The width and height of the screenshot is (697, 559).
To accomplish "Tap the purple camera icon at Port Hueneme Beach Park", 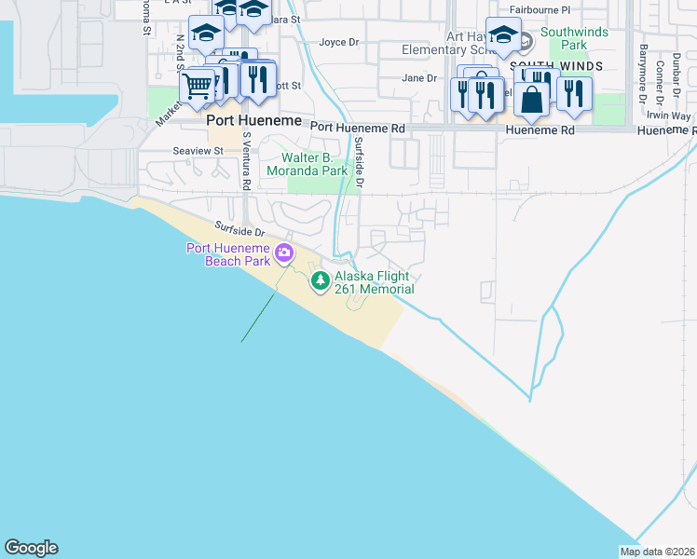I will point(285,252).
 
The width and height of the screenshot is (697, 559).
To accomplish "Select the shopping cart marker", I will point(197,87).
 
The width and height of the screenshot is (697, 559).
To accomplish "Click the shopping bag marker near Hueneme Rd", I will point(531,100).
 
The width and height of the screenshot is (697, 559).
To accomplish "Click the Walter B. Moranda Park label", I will point(307,163).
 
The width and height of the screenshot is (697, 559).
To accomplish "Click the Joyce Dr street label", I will point(339,42).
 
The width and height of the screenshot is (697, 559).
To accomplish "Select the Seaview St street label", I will point(198,150).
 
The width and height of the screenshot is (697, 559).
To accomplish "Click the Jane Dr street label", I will point(419,78).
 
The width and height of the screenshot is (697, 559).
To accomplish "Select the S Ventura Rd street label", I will point(246,161).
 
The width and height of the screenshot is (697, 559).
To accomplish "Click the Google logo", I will point(31,548).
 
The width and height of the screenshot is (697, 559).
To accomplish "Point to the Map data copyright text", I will point(658,552).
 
